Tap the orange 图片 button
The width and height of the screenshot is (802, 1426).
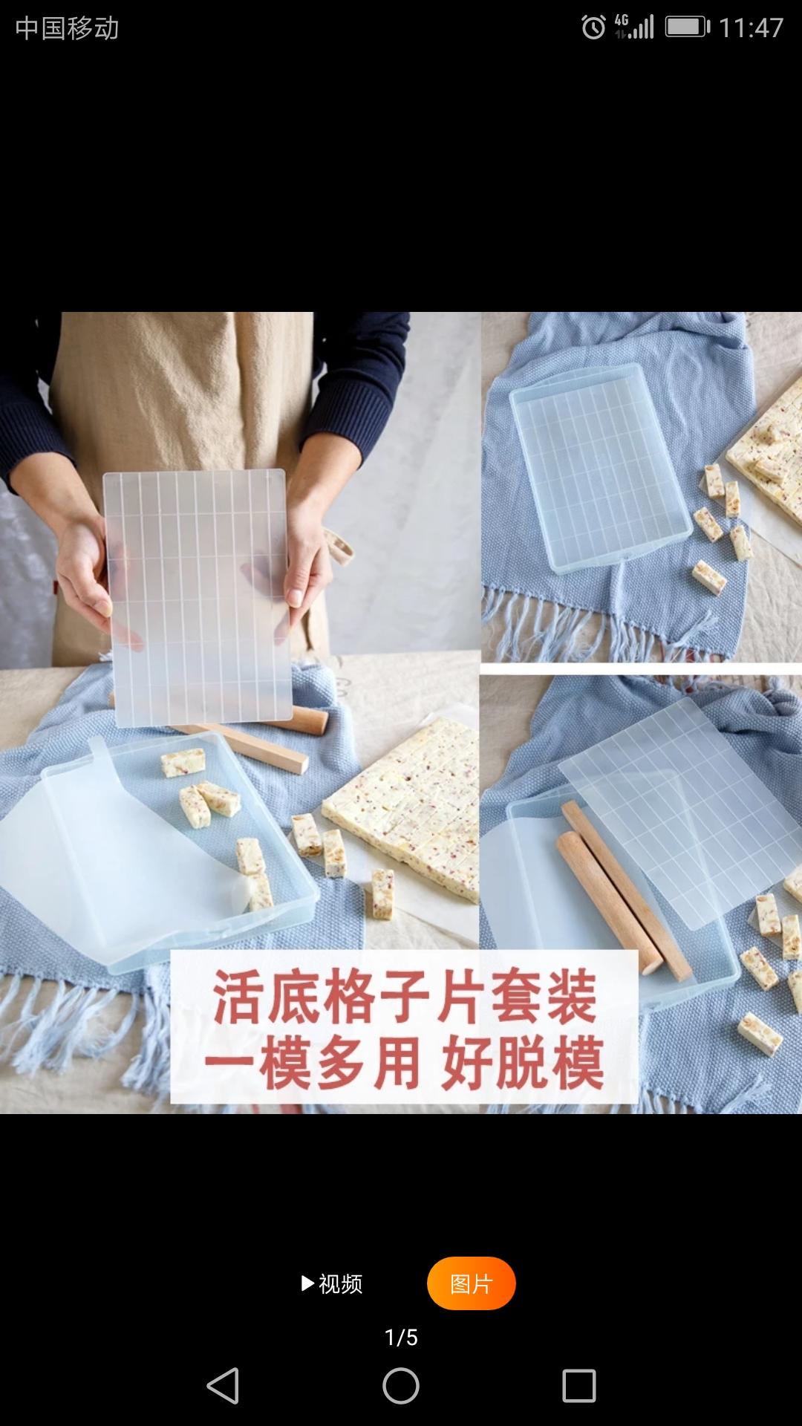click(471, 1283)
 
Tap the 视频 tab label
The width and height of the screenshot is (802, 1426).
click(333, 1283)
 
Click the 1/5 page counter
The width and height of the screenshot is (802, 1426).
click(401, 1338)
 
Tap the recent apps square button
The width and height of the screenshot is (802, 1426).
click(579, 1386)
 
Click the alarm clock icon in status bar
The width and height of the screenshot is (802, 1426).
click(593, 28)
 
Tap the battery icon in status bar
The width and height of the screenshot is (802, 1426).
click(686, 28)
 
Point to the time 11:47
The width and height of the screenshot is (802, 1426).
click(751, 28)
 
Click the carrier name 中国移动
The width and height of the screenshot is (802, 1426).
click(67, 28)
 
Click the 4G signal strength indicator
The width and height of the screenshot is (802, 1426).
click(634, 27)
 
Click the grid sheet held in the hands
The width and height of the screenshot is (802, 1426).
click(196, 594)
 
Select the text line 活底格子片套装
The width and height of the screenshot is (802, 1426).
click(405, 997)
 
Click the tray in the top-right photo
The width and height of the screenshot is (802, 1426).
click(598, 468)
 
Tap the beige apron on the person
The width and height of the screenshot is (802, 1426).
click(186, 394)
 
